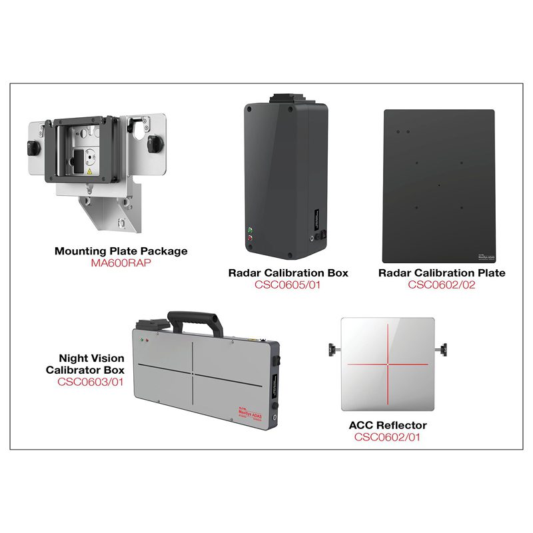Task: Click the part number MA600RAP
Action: tap(121, 263)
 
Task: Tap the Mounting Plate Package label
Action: tap(121, 251)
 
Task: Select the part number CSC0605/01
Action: tap(288, 284)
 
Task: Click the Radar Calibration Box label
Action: tap(288, 273)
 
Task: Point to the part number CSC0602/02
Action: tap(442, 284)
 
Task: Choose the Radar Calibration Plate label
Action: tap(442, 273)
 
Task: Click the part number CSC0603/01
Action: tap(91, 382)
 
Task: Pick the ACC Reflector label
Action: tap(388, 425)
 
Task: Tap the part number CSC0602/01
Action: tap(388, 437)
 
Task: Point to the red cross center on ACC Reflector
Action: tap(388, 364)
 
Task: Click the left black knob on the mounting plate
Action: tap(34, 146)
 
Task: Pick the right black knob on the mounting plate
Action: tap(156, 142)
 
